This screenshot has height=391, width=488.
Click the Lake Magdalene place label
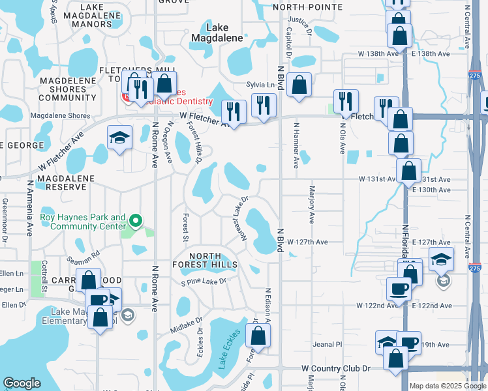click(217, 33)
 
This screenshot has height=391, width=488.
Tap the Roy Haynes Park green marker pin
click(136, 222)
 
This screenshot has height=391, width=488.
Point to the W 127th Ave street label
click(307, 242)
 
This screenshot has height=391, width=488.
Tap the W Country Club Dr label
click(335, 368)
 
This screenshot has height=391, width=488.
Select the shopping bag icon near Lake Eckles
click(259, 336)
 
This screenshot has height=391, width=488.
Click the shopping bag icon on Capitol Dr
click(299, 85)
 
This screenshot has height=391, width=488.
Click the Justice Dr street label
click(298, 23)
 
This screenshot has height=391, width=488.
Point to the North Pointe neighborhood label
click(307, 7)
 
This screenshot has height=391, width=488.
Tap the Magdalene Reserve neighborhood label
click(61, 182)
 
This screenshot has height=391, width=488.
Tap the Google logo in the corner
click(22, 383)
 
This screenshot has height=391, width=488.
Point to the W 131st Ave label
click(378, 179)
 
